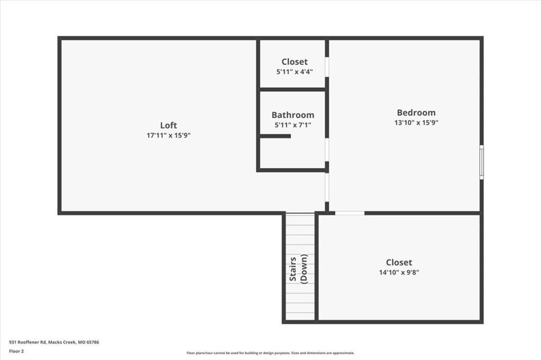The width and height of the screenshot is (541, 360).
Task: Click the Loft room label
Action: coord(169,125)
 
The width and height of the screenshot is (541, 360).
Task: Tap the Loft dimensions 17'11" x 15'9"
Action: coord(169,135)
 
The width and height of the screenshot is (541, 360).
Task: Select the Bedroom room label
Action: coord(416,112)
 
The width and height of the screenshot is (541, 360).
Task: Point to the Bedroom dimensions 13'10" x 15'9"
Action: coord(416,122)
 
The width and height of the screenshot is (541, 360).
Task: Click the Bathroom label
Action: coord(293,115)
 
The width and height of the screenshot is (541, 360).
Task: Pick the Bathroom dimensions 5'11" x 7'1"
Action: coord(293,125)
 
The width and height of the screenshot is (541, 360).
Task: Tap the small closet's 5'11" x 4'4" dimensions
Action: coord(294,72)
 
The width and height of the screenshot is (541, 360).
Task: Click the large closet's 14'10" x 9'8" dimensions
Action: coord(399,272)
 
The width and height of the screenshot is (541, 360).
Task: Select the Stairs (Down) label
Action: coord(300,270)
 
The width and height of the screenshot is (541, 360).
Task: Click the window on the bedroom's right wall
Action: coord(481,162)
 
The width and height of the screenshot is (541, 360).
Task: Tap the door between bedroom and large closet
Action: coord(350,213)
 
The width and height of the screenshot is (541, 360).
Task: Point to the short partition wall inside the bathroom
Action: coord(275,136)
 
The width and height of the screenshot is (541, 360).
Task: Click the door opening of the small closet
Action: coord(327,67)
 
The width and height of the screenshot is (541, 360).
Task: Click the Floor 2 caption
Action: coord(16,350)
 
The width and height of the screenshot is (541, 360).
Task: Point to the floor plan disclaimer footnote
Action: coord(270,353)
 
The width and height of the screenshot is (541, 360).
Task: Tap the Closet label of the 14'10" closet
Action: coord(399,262)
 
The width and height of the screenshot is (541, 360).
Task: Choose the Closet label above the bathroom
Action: coord(294,62)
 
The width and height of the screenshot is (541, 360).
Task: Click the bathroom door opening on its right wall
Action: coord(327,149)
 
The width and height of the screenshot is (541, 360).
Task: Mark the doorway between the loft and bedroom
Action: coord(327,187)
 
